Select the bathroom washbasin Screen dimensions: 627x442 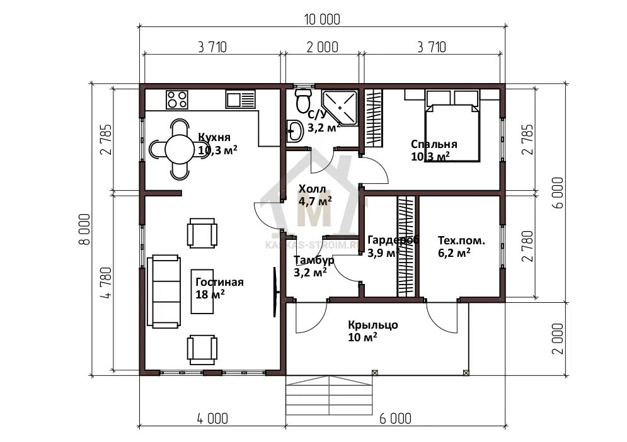pyautogui.click(x=295, y=131)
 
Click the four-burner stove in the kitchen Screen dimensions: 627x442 pyautogui.click(x=177, y=99)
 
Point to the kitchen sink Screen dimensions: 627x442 pyautogui.click(x=240, y=99)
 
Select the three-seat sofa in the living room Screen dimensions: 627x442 pyautogui.click(x=164, y=292)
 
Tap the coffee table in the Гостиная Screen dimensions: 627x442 pyautogui.click(x=202, y=291)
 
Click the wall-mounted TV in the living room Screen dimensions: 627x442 pyautogui.click(x=275, y=292)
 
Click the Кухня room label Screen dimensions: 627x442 pyautogui.click(x=214, y=137)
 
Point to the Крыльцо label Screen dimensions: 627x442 pyautogui.click(x=372, y=325)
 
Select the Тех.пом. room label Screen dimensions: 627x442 pyautogui.click(x=461, y=241)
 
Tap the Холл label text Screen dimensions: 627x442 pyautogui.click(x=313, y=189)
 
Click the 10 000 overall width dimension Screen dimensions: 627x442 pyautogui.click(x=322, y=19)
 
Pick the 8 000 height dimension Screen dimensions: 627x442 pyautogui.click(x=84, y=229)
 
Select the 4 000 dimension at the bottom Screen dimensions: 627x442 pyautogui.click(x=213, y=419)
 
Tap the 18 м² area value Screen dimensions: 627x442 pyautogui.click(x=210, y=295)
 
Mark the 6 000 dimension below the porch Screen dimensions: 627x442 pyautogui.click(x=395, y=419)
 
